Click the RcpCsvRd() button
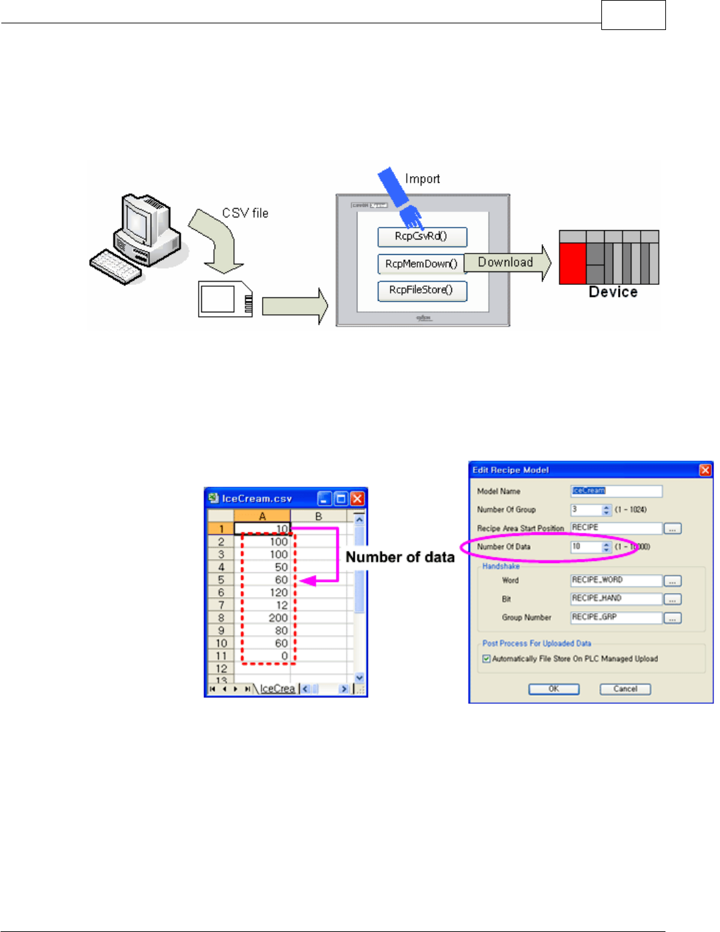click(422, 237)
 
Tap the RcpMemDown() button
click(421, 264)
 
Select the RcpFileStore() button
click(422, 290)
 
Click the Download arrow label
click(506, 262)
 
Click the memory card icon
click(225, 300)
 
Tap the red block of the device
click(572, 263)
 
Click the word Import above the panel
click(423, 179)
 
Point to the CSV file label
click(245, 213)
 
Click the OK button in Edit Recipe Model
click(553, 689)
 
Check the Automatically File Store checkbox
click(487, 659)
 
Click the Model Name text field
click(616, 491)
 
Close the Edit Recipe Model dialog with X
click(705, 470)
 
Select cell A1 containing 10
click(262, 529)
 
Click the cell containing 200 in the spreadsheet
click(262, 618)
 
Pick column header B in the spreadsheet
click(319, 516)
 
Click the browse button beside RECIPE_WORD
click(673, 581)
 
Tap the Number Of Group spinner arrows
click(606, 510)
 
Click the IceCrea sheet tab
click(277, 688)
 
